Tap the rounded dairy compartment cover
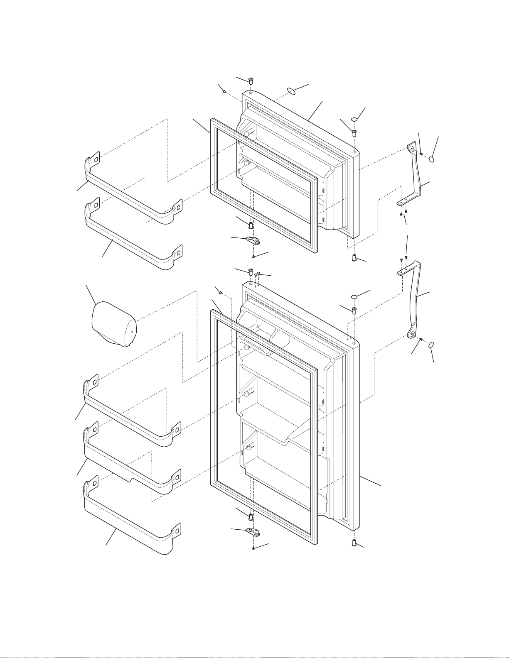(113, 324)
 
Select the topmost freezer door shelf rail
(133, 195)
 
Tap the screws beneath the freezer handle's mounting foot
(403, 213)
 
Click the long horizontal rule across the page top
(254, 60)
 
